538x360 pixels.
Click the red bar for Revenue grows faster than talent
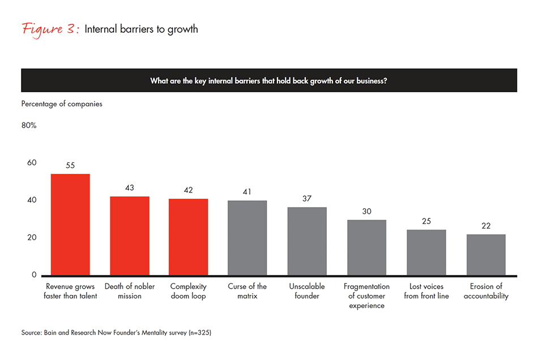coord(70,224)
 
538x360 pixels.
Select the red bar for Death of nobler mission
coord(129,235)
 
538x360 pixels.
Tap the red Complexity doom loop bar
coord(188,237)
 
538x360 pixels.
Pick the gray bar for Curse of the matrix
coord(247,238)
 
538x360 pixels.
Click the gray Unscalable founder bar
coord(306,241)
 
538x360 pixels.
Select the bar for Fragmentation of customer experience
coord(366,247)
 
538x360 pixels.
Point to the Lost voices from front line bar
coord(426,252)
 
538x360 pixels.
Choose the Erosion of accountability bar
coord(485,255)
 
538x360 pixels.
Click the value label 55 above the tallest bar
coord(70,166)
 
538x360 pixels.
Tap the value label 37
coord(306,199)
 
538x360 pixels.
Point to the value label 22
coord(485,226)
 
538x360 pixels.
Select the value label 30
coord(366,212)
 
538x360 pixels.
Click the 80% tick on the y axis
coord(29,126)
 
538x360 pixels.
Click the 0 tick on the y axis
coord(33,275)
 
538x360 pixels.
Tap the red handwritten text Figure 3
coord(50,29)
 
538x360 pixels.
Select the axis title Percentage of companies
coord(62,104)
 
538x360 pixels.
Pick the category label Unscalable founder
coord(306,291)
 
